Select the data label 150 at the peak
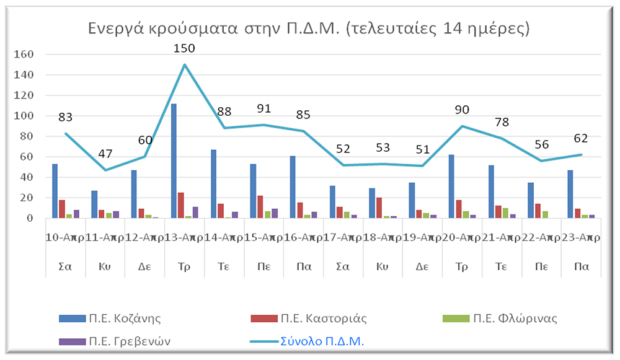184,48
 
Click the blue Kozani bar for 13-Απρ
174,161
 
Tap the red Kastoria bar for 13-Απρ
181,206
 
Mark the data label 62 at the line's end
580,138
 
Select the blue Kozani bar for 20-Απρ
451,187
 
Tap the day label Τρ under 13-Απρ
184,266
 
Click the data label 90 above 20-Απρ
462,110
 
